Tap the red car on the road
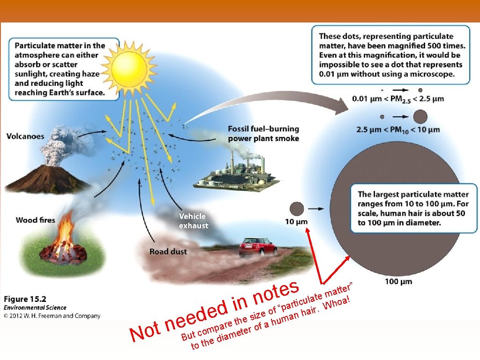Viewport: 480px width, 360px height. click(256, 247)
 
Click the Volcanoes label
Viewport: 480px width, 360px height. click(25, 136)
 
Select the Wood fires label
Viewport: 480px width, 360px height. click(35, 220)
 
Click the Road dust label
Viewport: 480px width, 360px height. click(168, 252)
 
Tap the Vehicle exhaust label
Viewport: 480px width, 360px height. click(193, 221)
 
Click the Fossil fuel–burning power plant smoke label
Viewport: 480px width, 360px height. click(263, 134)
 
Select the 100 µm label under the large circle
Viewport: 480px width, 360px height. click(398, 281)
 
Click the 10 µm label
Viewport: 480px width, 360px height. click(297, 221)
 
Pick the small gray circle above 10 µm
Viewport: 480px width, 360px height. click(297, 208)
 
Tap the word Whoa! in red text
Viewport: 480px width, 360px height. click(338, 303)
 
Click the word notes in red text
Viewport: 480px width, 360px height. click(276, 292)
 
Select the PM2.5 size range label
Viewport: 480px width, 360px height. click(398, 99)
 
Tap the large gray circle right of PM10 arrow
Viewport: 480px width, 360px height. click(420, 116)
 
